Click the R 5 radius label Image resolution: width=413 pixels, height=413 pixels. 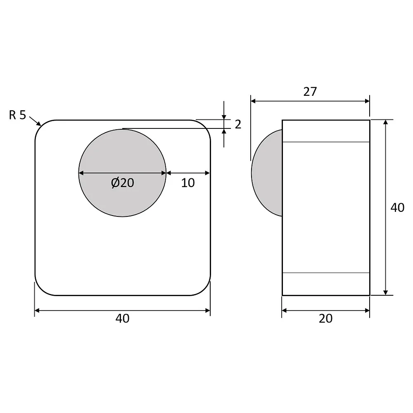click(x=17, y=115)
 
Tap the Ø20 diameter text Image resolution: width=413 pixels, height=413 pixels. click(x=123, y=183)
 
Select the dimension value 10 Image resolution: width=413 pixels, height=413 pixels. click(x=188, y=183)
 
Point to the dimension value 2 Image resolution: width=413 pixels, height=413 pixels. click(x=238, y=124)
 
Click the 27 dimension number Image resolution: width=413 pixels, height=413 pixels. click(x=310, y=92)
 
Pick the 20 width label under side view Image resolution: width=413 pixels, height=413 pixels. click(x=325, y=319)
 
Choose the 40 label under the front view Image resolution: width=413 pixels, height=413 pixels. click(x=123, y=319)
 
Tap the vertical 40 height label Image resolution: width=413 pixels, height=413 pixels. click(x=397, y=208)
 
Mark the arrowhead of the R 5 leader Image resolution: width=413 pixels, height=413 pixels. click(x=40, y=124)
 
